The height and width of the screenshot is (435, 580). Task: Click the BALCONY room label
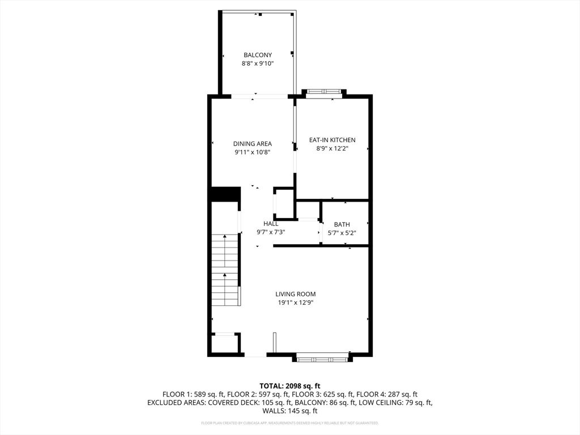click(258, 55)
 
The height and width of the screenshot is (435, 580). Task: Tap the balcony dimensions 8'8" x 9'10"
click(258, 64)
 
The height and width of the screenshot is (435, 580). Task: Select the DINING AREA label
click(253, 144)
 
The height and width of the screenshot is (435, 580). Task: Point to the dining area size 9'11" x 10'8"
click(253, 152)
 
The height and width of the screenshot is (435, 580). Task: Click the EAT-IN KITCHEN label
click(332, 140)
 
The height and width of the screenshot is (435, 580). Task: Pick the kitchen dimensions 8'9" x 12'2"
click(332, 148)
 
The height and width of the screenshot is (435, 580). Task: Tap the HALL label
click(271, 224)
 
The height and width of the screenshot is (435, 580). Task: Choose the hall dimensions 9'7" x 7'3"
click(271, 232)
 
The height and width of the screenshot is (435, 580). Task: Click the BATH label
click(342, 225)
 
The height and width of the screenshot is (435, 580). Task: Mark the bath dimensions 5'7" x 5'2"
click(342, 233)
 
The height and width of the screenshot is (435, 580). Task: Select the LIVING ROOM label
click(295, 294)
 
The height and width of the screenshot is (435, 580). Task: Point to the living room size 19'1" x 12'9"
click(295, 302)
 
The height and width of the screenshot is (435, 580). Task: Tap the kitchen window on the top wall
click(323, 93)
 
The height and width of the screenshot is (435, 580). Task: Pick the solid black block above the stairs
click(224, 194)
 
